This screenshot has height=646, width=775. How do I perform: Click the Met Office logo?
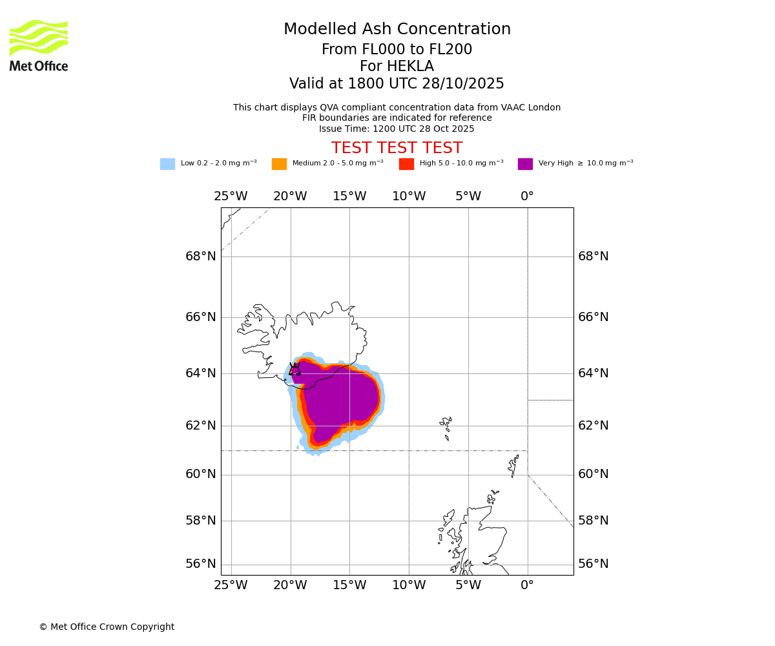pos(39,45)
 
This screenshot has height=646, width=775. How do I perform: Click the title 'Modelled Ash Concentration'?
pos(397,30)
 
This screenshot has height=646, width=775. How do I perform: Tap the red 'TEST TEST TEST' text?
pos(397,149)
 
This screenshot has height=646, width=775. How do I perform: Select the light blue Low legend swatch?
pos(167,164)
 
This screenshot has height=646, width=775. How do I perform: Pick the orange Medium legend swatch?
pos(279,164)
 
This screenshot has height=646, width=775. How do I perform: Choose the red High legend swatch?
pos(406,164)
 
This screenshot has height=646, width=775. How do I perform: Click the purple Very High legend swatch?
pos(525,164)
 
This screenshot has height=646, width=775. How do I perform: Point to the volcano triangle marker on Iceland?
pos(294,370)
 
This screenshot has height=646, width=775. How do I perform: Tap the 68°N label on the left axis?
pos(201,256)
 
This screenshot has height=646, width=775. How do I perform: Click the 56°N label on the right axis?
pos(593,564)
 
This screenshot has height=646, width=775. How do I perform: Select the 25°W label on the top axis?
pos(231,196)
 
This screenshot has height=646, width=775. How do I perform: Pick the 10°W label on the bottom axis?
pos(409,586)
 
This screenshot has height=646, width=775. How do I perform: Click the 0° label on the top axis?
pos(527,196)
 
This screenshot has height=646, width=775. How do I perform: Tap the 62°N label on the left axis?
pos(201,426)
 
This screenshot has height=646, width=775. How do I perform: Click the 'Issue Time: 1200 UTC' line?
pos(397,129)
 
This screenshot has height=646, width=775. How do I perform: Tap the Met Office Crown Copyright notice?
pos(107,627)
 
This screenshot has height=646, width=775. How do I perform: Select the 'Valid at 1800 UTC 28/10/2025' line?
pos(397,84)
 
